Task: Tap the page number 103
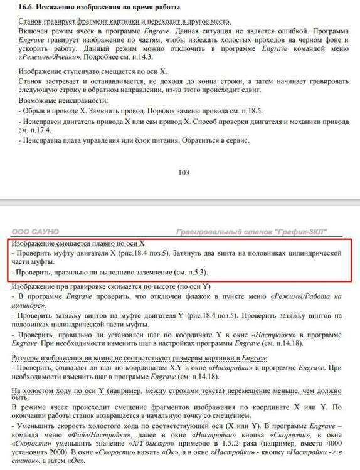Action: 183,173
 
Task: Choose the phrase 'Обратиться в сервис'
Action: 213,140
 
